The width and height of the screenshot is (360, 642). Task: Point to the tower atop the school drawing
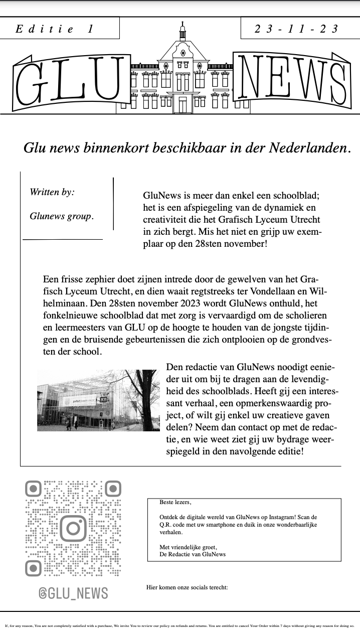tap(183, 33)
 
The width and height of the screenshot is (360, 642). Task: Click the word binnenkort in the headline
tap(114, 148)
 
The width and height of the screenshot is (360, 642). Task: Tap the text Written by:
tap(52, 192)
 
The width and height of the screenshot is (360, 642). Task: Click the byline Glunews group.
tap(61, 216)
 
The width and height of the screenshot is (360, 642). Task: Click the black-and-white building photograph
tap(98, 400)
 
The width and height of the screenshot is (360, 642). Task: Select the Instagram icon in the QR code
tap(74, 528)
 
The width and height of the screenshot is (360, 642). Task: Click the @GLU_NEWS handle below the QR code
tap(74, 593)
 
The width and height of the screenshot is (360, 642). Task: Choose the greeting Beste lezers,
tap(175, 502)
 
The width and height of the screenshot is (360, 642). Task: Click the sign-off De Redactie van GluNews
tap(193, 554)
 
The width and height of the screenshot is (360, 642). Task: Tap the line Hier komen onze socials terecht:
tap(187, 587)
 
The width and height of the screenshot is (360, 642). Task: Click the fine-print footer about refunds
tap(179, 626)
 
